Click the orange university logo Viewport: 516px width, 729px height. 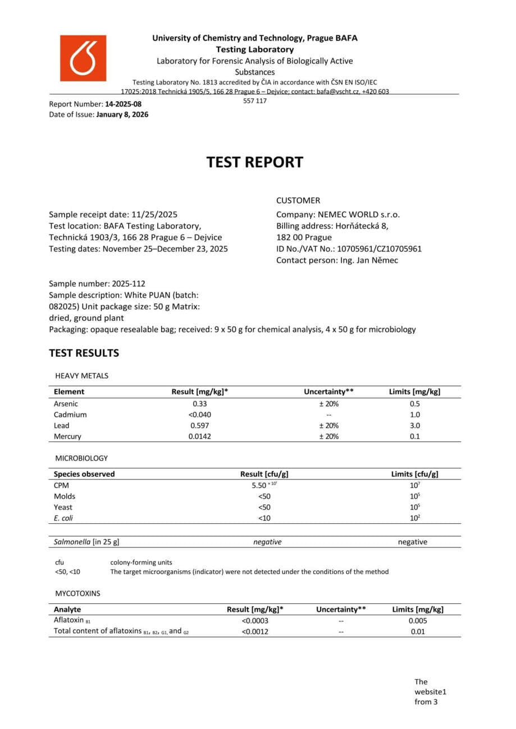tap(83, 58)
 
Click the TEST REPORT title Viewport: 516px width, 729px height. tap(254, 162)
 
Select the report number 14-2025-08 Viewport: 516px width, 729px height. tap(123, 104)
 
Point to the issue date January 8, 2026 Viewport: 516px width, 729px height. tap(122, 114)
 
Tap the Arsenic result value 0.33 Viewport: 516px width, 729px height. tap(199, 404)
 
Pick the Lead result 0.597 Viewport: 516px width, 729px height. tap(199, 426)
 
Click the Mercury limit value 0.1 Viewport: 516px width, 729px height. tap(414, 436)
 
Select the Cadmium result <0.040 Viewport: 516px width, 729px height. tap(199, 415)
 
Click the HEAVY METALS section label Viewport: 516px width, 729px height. tap(81, 376)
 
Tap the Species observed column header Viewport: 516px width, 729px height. tap(84, 474)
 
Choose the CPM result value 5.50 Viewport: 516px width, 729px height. tap(262, 486)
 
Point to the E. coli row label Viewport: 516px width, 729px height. tap(63, 518)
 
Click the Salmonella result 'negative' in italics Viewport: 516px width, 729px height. tap(267, 542)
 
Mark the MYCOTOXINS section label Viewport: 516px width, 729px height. tap(77, 592)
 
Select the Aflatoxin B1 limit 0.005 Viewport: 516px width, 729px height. tap(418, 621)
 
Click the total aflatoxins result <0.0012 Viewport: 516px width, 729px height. tap(255, 632)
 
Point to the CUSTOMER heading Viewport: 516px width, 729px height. tap(298, 200)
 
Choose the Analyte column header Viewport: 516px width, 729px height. tap(67, 609)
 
